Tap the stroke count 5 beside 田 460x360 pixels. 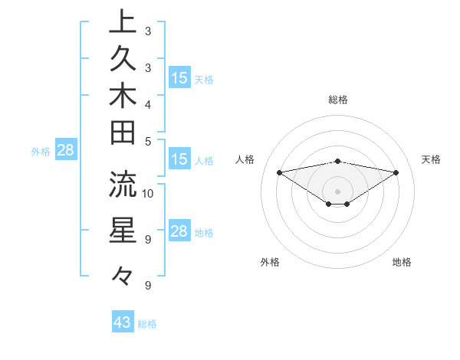(x=148, y=141)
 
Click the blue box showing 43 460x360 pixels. (x=123, y=322)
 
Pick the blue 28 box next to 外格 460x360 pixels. (x=65, y=150)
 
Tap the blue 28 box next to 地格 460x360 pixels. (x=179, y=232)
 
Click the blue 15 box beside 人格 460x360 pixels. (x=179, y=160)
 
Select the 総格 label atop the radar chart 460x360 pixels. (x=337, y=100)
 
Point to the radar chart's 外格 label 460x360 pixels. (x=270, y=262)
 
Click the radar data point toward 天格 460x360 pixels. (x=396, y=172)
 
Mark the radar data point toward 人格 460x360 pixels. (x=279, y=172)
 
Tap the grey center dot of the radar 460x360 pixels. (x=337, y=191)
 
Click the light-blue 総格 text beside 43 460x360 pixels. (x=147, y=324)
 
